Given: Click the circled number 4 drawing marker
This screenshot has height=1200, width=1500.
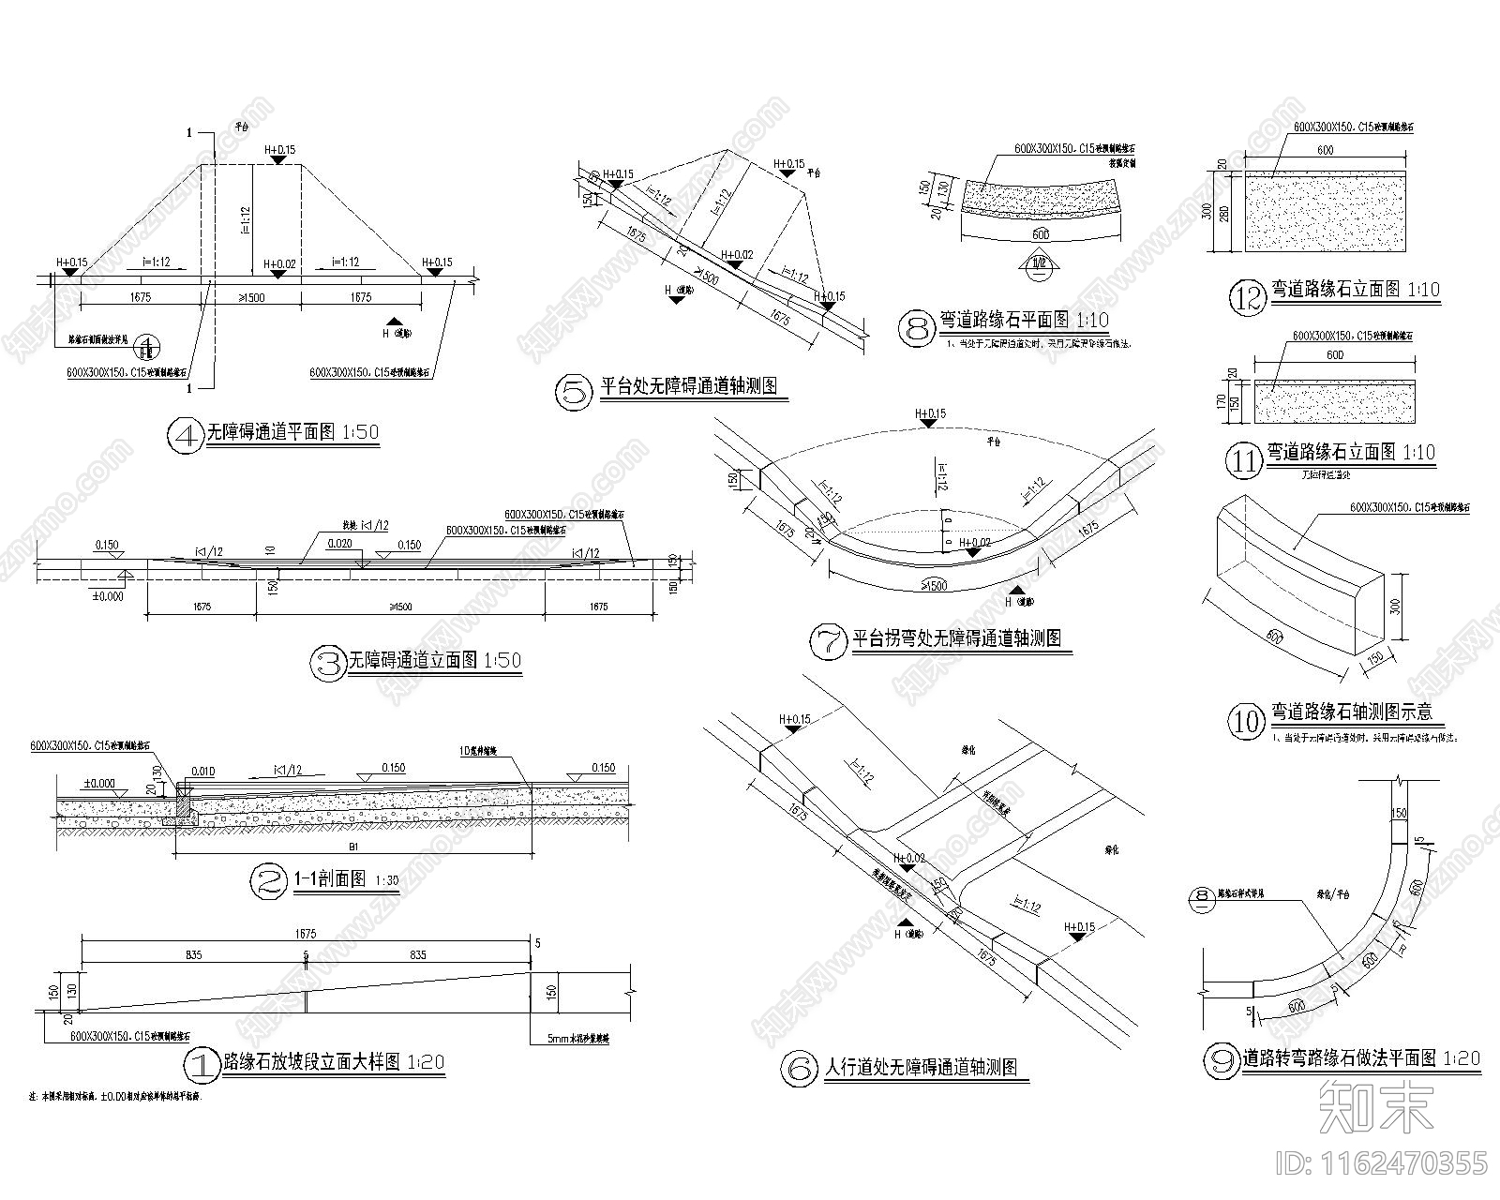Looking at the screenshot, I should [x=185, y=435].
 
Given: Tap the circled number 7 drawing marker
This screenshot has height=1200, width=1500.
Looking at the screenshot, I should [x=828, y=639].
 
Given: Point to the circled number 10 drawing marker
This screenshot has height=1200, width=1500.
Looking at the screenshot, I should [x=1246, y=720].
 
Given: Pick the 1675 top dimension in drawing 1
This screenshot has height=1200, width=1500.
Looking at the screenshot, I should [x=306, y=934].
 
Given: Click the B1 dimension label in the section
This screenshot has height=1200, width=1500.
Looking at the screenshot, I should [x=352, y=846].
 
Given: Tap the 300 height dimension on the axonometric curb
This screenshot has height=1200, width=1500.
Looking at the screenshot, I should [x=1395, y=607].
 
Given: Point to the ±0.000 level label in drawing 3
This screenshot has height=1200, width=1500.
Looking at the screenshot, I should [x=107, y=595].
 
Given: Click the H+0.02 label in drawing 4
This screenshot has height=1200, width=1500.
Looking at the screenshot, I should [x=279, y=264].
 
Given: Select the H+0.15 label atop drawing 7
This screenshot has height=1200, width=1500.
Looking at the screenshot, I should [x=928, y=413].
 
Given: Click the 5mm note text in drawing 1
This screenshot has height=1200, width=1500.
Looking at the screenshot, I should [x=577, y=1039].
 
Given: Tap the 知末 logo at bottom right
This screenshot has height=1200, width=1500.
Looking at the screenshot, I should [x=1375, y=1105].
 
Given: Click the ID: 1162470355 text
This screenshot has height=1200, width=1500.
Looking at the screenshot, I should [x=1382, y=1163].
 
